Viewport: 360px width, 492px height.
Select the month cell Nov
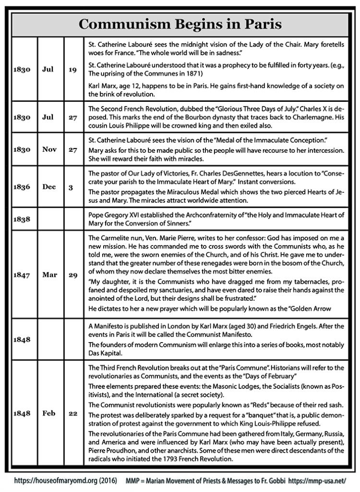tap(49, 149)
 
